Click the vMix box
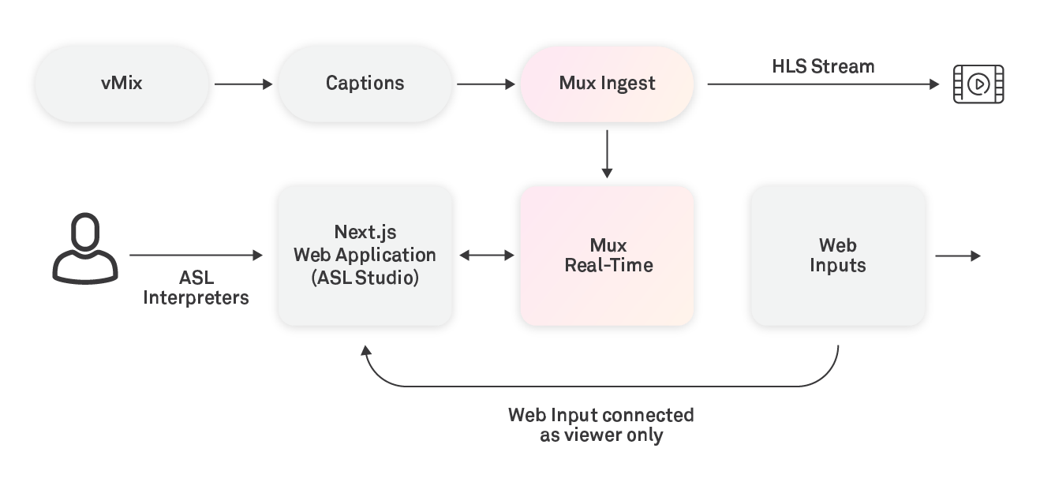122,84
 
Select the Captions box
365,84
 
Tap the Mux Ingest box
607,84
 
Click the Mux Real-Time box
607,256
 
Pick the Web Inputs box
838,256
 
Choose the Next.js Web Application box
365,256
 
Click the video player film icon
978,84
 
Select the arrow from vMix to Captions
243,84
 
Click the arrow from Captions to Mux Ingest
485,84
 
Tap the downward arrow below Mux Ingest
607,154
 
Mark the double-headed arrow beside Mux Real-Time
487,256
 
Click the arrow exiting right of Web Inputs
958,256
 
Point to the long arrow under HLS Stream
823,84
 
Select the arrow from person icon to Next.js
196,255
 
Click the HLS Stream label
823,66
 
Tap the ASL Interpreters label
196,288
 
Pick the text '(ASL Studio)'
365,278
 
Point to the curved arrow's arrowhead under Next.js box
366,350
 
